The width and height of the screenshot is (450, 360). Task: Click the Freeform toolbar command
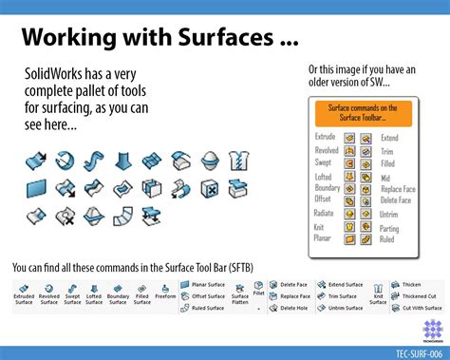coord(166,291)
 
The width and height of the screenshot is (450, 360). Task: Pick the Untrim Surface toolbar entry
coord(344,308)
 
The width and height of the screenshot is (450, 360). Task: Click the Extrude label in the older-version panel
coord(326,137)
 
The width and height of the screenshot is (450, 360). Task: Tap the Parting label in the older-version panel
coord(389,228)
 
